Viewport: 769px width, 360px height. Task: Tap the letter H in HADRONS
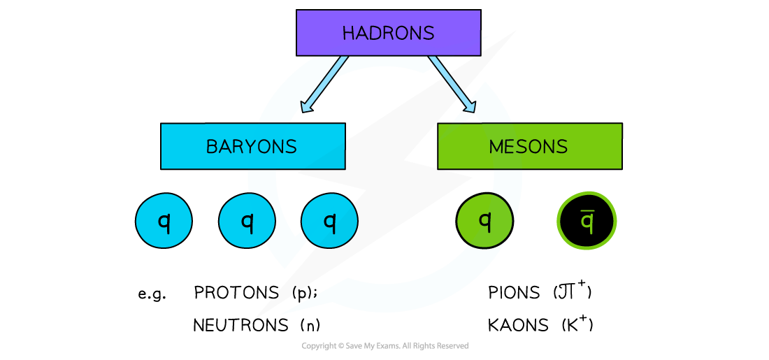347,34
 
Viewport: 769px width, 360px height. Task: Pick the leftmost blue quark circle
164,220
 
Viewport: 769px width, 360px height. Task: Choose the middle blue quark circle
247,220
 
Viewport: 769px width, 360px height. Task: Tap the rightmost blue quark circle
329,220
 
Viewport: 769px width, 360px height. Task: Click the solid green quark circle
484,220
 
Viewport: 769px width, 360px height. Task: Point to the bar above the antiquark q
587,212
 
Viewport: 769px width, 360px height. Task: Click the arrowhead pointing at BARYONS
306,107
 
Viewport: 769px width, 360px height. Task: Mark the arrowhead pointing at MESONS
470,106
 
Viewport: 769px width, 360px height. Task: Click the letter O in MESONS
541,147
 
